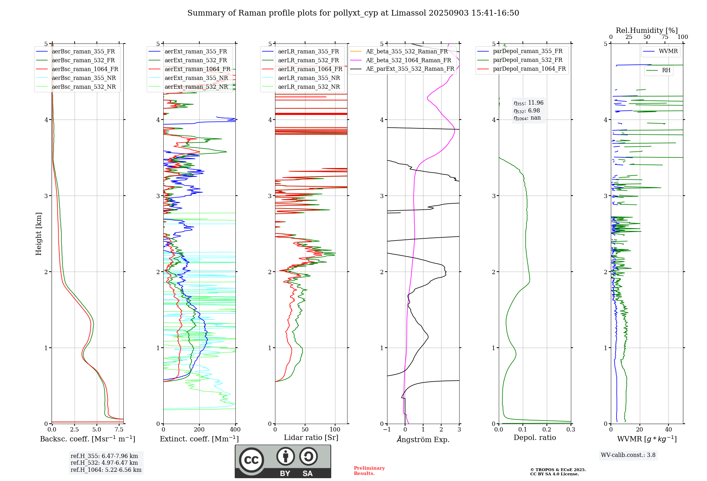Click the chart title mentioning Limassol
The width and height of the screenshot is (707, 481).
pos(353,13)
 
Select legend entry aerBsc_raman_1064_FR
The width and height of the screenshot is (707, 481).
pos(85,69)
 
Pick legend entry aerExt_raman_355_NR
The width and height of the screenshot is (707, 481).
pos(196,78)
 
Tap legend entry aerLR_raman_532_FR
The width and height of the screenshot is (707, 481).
pos(308,60)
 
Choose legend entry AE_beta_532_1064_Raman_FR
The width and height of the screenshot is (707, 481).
pos(408,60)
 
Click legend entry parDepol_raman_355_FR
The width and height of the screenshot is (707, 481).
pos(527,51)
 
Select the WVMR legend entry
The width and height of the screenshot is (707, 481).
pos(668,51)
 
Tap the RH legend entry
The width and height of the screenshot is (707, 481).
pos(666,70)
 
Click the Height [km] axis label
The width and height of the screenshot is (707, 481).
pos(39,234)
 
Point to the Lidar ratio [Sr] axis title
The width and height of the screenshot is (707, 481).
pos(311,438)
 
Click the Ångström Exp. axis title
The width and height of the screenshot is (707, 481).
pos(423,440)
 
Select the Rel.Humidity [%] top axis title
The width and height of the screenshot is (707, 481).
pos(647,30)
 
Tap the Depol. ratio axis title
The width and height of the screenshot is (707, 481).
pos(534,438)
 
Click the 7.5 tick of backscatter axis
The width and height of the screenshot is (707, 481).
pos(119,430)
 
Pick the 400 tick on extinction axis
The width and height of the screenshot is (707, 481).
pos(235,430)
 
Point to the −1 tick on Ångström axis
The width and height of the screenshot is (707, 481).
pos(387,430)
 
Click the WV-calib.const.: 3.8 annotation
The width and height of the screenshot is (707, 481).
pos(628,455)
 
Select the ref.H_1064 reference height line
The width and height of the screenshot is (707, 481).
pos(106,470)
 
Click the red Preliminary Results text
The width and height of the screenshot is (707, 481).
pos(369,471)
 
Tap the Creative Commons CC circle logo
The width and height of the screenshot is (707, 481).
pos(251,460)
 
